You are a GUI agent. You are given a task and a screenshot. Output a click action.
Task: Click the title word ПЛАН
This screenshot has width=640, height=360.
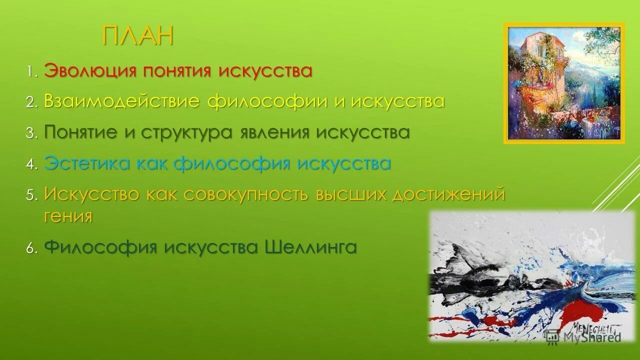138,36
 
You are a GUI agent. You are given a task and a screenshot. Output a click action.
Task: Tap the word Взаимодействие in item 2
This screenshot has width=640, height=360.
121,101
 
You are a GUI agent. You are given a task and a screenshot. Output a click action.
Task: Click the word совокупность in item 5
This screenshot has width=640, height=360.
245,194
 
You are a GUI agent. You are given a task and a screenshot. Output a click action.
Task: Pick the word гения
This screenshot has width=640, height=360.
68,216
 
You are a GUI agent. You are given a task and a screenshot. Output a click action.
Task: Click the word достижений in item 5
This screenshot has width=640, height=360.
448,194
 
